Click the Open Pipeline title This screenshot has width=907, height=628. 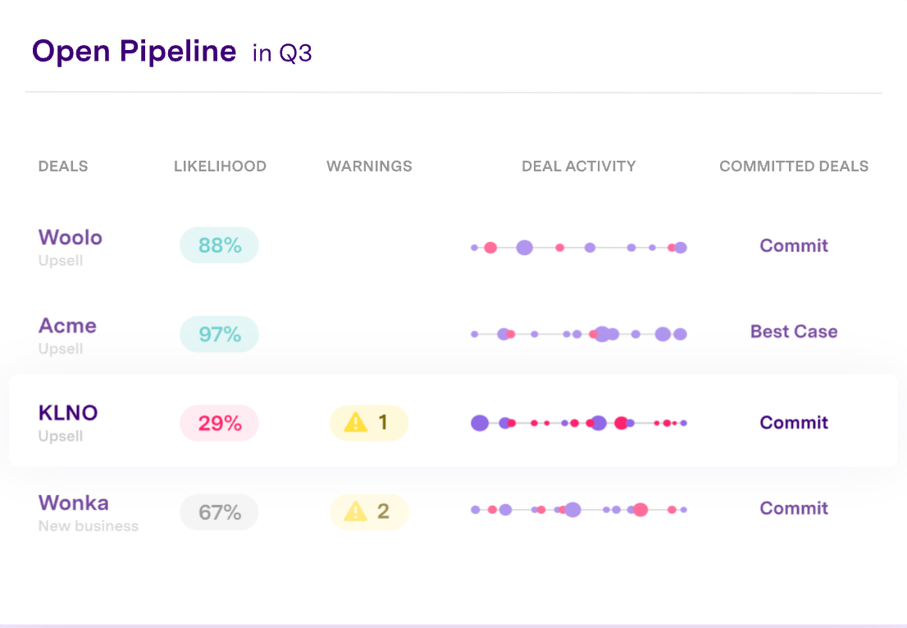tap(134, 52)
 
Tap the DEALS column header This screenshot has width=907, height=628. tap(63, 166)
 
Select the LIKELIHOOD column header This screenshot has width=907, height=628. tap(220, 166)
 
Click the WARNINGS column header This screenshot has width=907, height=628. tap(369, 166)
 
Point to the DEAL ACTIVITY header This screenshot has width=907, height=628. tap(579, 166)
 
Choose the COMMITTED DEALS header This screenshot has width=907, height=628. tap(794, 166)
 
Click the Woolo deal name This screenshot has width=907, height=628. tap(71, 238)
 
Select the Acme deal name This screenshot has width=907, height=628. tap(67, 325)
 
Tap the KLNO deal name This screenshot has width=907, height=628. tap(68, 412)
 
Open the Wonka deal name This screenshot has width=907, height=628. tap(73, 503)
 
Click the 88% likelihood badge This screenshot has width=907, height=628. tap(219, 245)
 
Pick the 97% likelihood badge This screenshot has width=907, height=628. tap(219, 334)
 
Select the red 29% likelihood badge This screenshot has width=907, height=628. tap(219, 423)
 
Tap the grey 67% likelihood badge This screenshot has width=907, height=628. tap(219, 512)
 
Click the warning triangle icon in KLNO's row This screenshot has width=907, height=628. tap(355, 422)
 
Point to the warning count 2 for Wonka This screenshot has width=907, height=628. tap(383, 512)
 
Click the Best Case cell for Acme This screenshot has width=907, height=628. tap(794, 332)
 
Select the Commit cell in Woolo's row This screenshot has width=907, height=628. tap(794, 246)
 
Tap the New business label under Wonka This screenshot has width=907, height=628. tap(89, 526)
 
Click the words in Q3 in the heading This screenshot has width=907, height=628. tap(282, 54)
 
